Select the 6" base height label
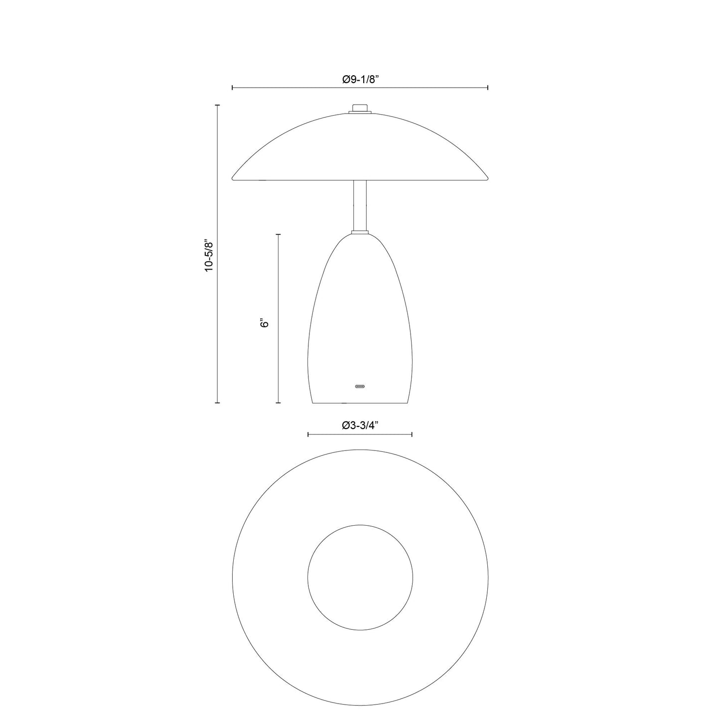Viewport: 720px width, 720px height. point(265,323)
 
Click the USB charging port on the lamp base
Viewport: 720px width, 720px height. point(360,386)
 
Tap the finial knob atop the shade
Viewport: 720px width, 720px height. point(360,108)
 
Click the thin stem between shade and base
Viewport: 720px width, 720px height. point(360,205)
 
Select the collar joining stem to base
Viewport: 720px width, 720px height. point(360,232)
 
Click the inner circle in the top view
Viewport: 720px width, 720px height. point(360,576)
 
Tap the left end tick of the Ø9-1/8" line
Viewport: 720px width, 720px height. point(233,88)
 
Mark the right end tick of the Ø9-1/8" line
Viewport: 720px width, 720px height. point(488,88)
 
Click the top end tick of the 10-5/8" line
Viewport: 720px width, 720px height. point(217,105)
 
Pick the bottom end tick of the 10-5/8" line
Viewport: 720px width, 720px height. point(217,403)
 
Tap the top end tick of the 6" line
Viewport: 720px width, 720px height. point(278,234)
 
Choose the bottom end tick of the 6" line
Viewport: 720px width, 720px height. point(278,403)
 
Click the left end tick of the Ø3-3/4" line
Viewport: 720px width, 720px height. point(308,435)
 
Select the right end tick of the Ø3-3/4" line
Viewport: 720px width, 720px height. point(412,435)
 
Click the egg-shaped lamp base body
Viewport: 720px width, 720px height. point(360,319)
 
